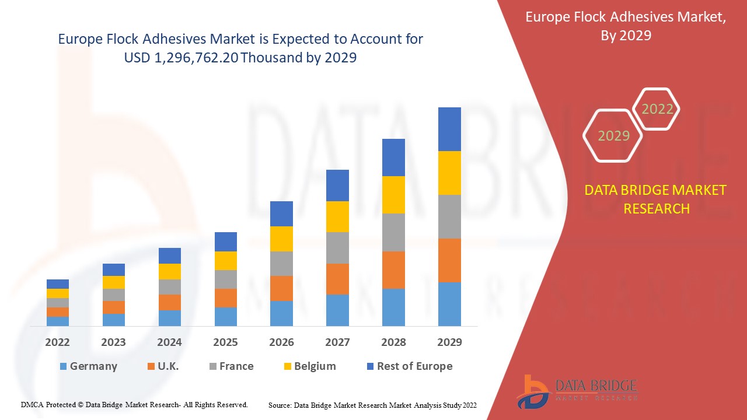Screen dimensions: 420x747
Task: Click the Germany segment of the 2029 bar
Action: click(x=449, y=304)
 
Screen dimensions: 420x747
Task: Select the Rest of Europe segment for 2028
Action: click(x=393, y=157)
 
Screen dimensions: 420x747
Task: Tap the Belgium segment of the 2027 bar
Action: click(x=337, y=216)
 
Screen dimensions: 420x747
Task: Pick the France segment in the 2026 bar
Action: click(x=281, y=264)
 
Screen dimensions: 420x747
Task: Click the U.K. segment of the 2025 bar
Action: click(x=226, y=298)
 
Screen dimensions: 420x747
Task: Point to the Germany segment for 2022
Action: click(x=58, y=321)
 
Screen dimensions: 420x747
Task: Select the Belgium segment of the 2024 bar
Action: click(x=170, y=271)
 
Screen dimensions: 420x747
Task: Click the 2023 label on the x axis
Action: click(x=113, y=342)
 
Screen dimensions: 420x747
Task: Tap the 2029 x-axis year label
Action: click(x=449, y=342)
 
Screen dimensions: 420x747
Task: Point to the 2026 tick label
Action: click(x=281, y=342)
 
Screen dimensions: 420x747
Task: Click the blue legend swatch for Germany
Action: click(x=63, y=366)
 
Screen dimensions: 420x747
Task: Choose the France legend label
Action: click(x=236, y=366)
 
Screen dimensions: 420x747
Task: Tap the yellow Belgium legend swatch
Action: click(x=287, y=366)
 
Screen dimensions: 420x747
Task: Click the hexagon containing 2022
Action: click(x=657, y=109)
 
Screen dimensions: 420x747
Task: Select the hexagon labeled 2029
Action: click(x=613, y=136)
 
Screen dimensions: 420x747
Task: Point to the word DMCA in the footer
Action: click(x=32, y=404)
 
